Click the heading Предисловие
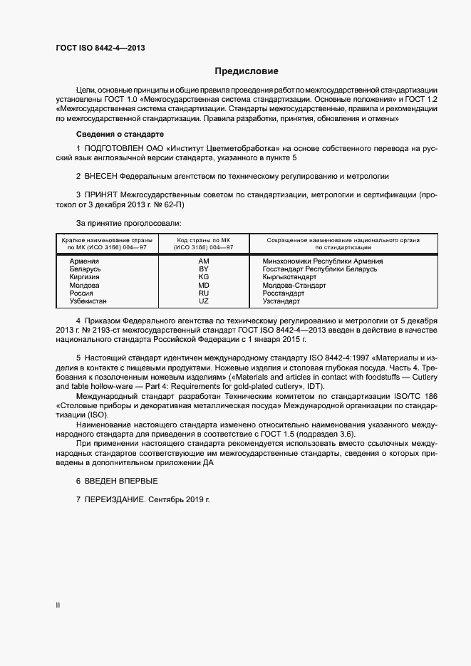click(247, 71)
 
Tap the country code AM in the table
click(203, 261)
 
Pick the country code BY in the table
click(203, 269)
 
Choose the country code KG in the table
click(203, 277)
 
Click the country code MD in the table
click(203, 285)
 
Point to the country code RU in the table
click(203, 293)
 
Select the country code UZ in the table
click(203, 301)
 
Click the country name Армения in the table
click(84, 261)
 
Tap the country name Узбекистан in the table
click(88, 301)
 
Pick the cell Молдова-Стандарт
click(294, 285)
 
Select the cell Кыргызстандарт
click(289, 277)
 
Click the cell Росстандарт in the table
click(283, 293)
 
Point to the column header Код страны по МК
click(203, 240)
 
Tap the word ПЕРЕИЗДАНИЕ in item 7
click(115, 501)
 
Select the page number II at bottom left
click(58, 605)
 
